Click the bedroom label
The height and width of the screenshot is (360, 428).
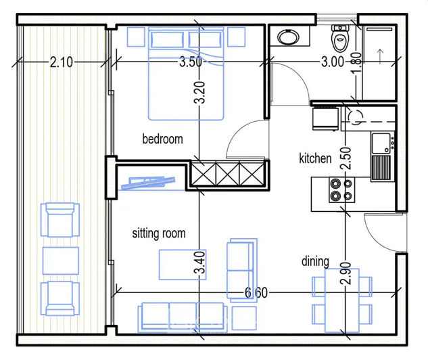coord(162,139)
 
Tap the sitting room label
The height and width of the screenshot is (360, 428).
coord(158,234)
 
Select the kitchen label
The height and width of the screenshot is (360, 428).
coord(315,158)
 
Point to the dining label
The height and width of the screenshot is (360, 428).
coord(315,261)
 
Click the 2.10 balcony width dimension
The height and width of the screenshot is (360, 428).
coord(62,63)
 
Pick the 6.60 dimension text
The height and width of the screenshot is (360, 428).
coord(256,292)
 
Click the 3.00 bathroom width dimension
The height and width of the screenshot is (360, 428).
coord(332,63)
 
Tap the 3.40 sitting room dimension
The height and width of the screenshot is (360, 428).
coord(199,263)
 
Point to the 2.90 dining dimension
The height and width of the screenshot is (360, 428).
coord(346,276)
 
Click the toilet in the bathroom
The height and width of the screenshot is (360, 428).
coord(339,35)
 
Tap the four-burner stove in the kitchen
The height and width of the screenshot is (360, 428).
coord(340,190)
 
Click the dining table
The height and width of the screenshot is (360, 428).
coord(341,300)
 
